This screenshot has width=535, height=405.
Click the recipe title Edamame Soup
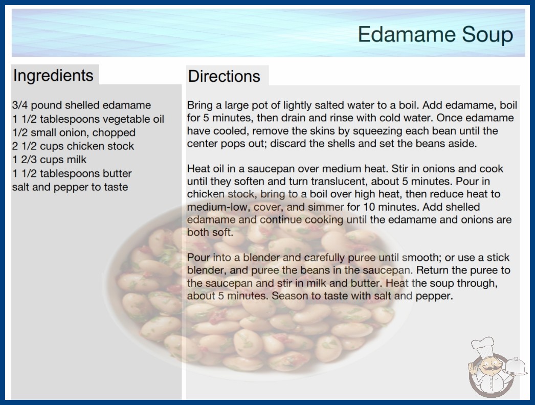click(x=435, y=34)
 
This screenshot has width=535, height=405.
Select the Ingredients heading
click(x=53, y=76)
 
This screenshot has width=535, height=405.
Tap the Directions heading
click(x=224, y=76)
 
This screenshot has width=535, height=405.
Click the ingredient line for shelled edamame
click(x=81, y=105)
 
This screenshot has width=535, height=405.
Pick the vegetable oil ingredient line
click(x=88, y=119)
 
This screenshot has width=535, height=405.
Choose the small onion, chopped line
click(x=74, y=132)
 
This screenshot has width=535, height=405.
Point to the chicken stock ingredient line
click(x=73, y=146)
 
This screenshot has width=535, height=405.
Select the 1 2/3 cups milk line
click(x=50, y=160)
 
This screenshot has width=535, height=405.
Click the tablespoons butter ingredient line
click(x=72, y=173)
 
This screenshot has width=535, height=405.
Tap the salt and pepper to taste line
click(x=70, y=187)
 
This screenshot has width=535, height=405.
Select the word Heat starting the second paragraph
click(x=198, y=169)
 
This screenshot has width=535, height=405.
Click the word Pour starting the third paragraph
click(x=198, y=257)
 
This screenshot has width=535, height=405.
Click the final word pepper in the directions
click(x=434, y=296)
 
